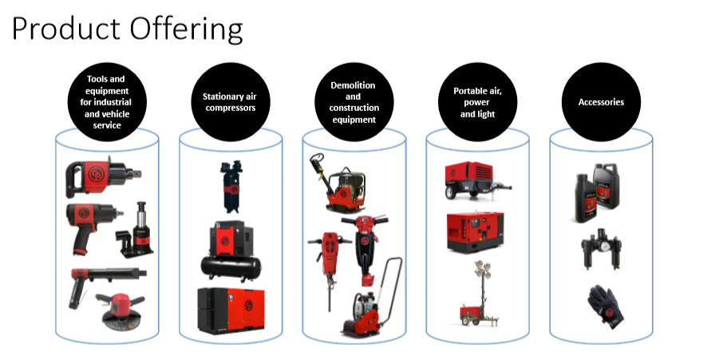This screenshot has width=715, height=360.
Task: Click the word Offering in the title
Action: [186, 29]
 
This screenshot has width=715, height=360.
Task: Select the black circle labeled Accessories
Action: [601, 102]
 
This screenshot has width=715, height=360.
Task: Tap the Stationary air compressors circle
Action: [231, 102]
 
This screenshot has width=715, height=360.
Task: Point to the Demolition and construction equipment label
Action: [354, 102]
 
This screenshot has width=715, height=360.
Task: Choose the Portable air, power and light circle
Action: [477, 102]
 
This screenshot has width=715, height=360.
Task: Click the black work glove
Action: [606, 307]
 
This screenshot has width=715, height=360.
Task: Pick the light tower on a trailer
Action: [478, 294]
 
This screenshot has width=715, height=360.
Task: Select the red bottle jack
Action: [136, 230]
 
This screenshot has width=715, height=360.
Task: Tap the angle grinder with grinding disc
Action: [120, 313]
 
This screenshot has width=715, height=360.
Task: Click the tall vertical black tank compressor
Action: [231, 186]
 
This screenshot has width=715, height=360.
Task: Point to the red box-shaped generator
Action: [476, 231]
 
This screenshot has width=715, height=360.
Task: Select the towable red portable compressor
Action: [477, 180]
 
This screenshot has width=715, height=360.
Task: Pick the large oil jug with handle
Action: [606, 186]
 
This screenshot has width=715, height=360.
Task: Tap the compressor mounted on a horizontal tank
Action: [231, 251]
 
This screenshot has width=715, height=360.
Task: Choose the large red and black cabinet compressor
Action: [231, 311]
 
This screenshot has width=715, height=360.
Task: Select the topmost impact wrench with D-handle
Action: [102, 176]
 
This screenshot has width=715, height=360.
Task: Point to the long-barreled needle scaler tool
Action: [108, 285]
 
